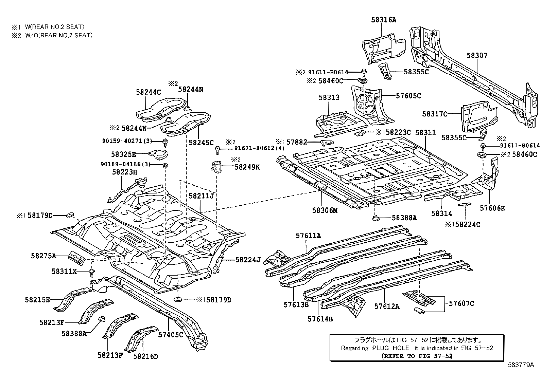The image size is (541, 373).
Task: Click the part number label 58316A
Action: tap(384, 20)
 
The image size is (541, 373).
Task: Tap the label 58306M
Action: tap(325, 210)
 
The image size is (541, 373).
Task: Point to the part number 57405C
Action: tap(171, 335)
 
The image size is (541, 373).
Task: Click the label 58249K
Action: tap(247, 167)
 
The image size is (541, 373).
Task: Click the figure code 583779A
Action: tap(521, 365)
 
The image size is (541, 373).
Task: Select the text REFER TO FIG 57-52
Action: tap(417, 356)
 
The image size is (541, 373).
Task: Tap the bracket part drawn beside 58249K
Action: tap(216, 167)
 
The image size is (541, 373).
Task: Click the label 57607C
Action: tap(461, 303)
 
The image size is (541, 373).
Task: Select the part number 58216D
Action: tap(146, 356)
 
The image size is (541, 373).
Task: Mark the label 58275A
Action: tap(43, 256)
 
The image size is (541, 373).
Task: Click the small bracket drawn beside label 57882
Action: tap(326, 142)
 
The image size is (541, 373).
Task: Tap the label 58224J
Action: tap(247, 260)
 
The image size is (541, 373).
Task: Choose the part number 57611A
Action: tap(308, 235)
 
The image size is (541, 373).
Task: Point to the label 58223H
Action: tap(124, 172)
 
